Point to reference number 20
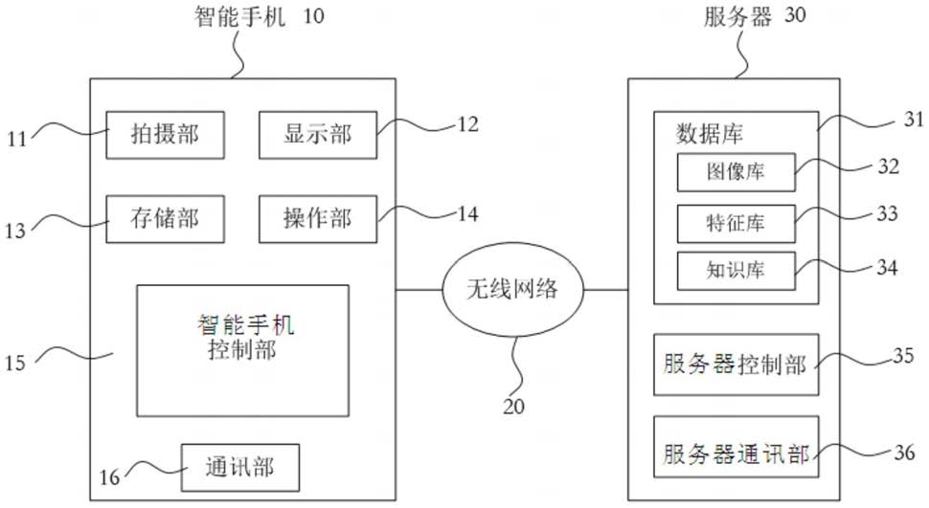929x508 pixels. [x=513, y=407]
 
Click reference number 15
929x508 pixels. [x=15, y=363]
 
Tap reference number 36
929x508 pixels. [x=904, y=453]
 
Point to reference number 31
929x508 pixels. [x=914, y=119]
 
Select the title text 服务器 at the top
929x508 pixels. [x=737, y=16]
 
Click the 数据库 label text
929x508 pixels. [x=710, y=134]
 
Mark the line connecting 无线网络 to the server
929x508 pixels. [x=606, y=290]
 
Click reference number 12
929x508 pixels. [x=467, y=123]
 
